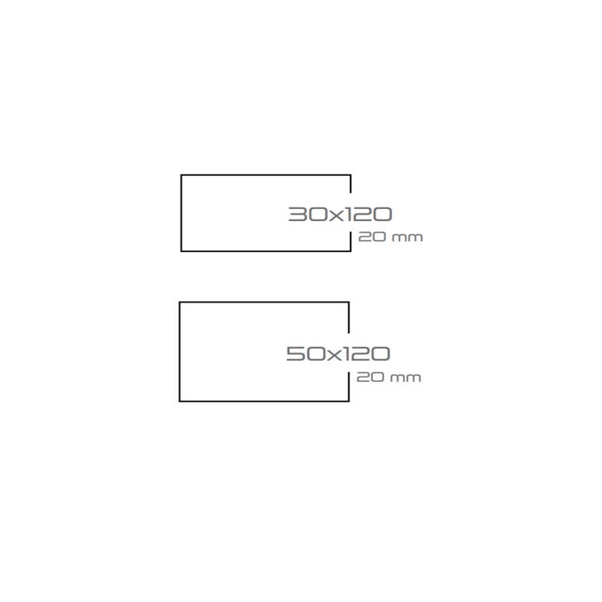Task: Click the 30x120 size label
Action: (x=340, y=214)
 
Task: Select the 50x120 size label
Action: (x=338, y=354)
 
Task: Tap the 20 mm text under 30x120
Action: (x=390, y=237)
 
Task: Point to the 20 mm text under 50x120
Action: (x=388, y=377)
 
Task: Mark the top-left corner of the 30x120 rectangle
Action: (x=182, y=175)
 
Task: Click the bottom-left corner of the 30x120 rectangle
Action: (x=182, y=251)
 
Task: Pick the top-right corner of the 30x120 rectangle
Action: (x=351, y=175)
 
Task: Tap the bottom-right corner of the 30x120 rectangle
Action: (x=351, y=251)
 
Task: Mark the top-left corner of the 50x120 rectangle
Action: (x=180, y=303)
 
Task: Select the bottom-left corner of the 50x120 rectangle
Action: (x=180, y=401)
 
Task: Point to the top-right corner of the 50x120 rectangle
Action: (x=349, y=303)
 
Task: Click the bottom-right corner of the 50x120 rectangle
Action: (x=349, y=401)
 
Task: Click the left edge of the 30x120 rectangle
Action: (x=182, y=213)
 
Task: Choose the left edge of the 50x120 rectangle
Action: (x=180, y=351)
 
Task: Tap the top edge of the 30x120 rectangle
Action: (x=266, y=175)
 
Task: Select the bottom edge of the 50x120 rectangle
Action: (x=264, y=401)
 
